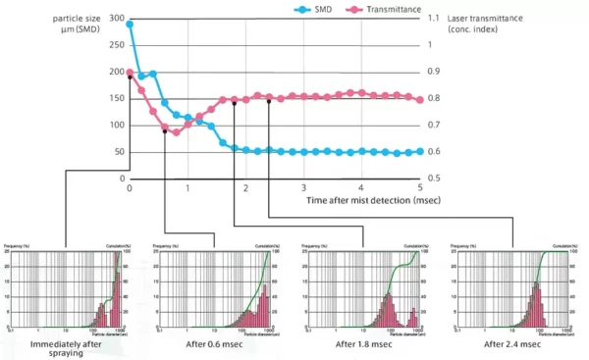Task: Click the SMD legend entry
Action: [x=317, y=9]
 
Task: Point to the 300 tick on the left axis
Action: [x=116, y=19]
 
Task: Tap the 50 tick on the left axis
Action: [x=119, y=152]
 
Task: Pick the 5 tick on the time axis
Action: [x=420, y=188]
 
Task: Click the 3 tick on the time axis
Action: [x=304, y=188]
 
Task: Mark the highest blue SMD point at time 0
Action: [x=130, y=25]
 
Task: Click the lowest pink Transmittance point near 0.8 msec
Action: [x=177, y=131]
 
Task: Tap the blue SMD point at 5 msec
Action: [x=420, y=152]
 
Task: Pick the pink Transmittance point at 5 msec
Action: [x=420, y=100]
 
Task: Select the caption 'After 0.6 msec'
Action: [x=209, y=344]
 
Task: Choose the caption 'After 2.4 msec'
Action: [x=512, y=344]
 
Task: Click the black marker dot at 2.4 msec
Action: [x=269, y=101]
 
